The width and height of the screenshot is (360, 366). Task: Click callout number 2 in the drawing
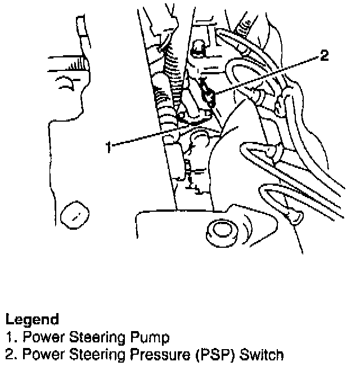pyautogui.click(x=324, y=56)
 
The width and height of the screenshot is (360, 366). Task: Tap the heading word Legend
pyautogui.click(x=32, y=320)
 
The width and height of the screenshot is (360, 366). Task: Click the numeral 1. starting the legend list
pyautogui.click(x=10, y=338)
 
